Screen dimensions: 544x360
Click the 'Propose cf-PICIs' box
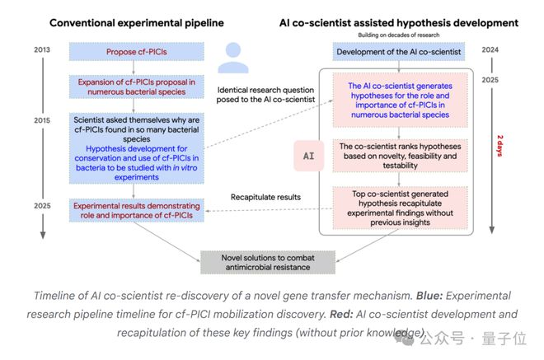pyautogui.click(x=136, y=52)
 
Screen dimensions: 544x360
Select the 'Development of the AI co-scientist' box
pyautogui.click(x=399, y=52)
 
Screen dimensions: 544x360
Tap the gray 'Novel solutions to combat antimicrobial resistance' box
pyautogui.click(x=268, y=263)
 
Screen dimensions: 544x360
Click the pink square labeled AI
pyautogui.click(x=309, y=156)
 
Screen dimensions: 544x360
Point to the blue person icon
pyautogui.click(x=233, y=58)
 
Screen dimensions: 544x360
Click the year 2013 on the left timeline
pyautogui.click(x=42, y=49)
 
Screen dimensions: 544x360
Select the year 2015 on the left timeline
pyautogui.click(x=42, y=120)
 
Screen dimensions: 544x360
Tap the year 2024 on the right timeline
pyautogui.click(x=490, y=49)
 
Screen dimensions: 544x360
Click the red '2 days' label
pyautogui.click(x=500, y=146)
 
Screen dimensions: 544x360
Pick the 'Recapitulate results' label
pyautogui.click(x=265, y=197)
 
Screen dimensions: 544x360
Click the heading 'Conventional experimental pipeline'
pyautogui.click(x=137, y=23)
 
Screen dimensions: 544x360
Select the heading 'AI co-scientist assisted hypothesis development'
pyautogui.click(x=399, y=23)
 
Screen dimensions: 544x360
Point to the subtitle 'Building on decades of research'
pyautogui.click(x=399, y=35)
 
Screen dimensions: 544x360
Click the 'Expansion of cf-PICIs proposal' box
pyautogui.click(x=136, y=86)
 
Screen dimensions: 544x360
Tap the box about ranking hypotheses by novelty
pyautogui.click(x=400, y=156)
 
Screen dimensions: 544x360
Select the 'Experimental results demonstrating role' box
pyautogui.click(x=136, y=210)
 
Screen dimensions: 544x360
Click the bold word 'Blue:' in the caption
pyautogui.click(x=429, y=296)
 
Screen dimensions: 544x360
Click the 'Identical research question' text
pyautogui.click(x=265, y=90)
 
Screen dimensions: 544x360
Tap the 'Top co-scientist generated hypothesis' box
pyautogui.click(x=400, y=208)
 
